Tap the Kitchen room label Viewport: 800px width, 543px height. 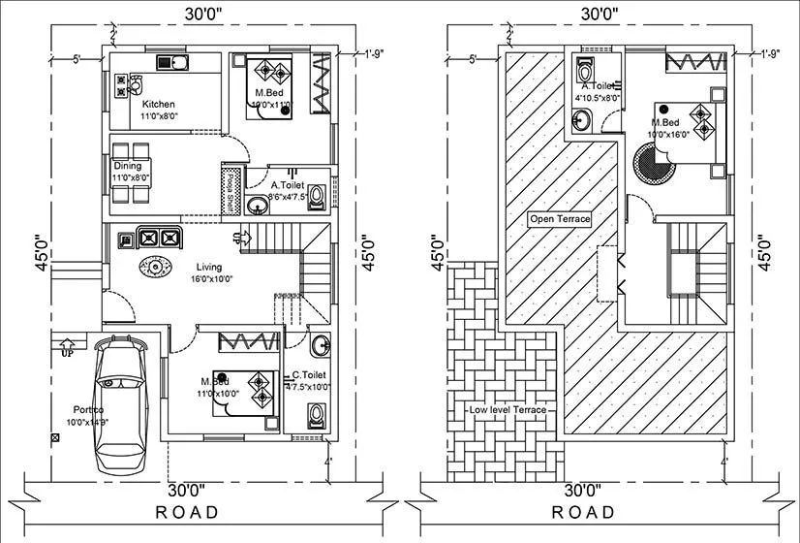click(x=158, y=104)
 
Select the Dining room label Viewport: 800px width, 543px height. click(x=127, y=167)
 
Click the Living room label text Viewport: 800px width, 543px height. click(x=209, y=267)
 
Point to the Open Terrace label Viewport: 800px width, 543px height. click(x=560, y=219)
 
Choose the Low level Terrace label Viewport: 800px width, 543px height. click(x=508, y=410)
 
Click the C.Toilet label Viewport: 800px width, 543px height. click(x=309, y=375)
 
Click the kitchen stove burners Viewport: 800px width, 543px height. click(x=122, y=85)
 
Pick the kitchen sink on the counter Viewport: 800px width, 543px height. click(x=177, y=64)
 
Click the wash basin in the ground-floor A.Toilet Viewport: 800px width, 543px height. click(x=258, y=205)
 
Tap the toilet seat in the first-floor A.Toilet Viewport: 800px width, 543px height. click(x=584, y=73)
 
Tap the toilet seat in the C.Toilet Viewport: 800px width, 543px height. click(x=315, y=417)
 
